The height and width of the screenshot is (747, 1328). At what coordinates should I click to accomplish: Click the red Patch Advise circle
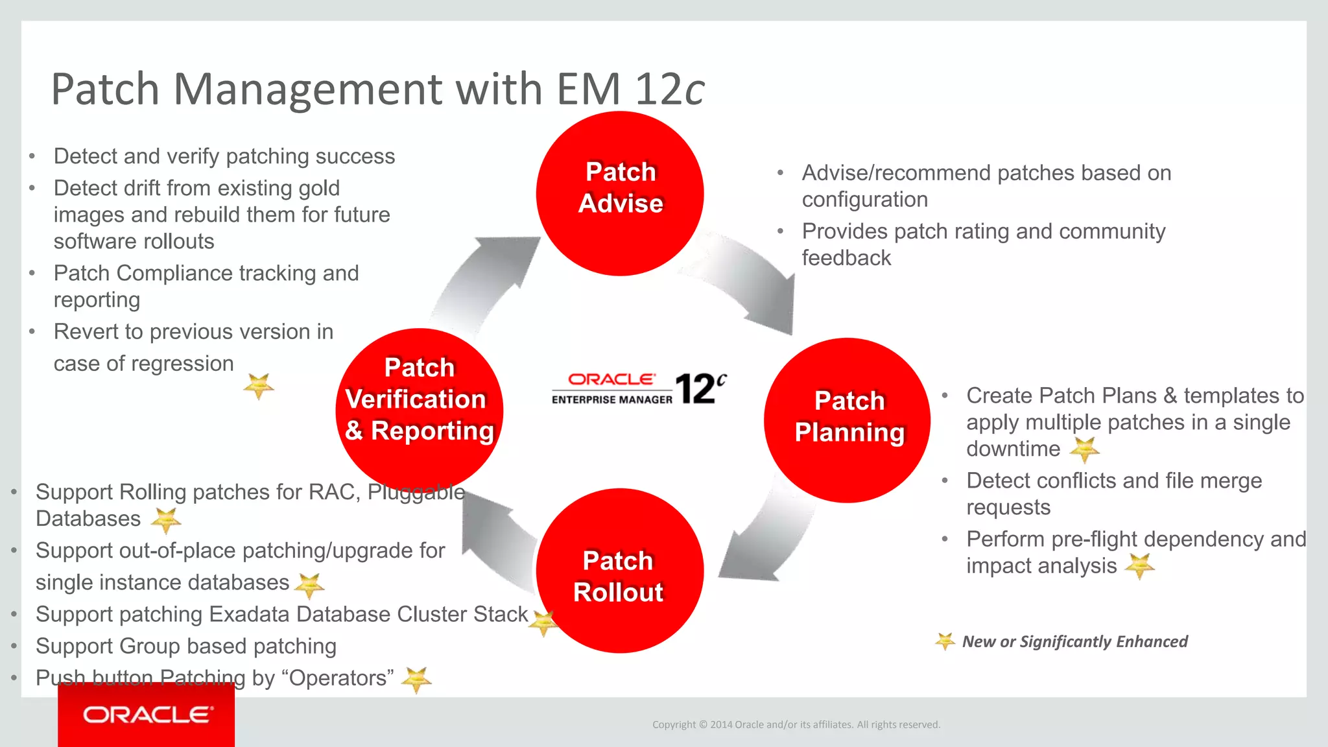[x=620, y=193]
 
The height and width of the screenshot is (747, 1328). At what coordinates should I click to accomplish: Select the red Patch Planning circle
[x=848, y=420]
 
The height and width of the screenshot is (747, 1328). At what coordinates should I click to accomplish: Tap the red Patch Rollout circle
[x=620, y=571]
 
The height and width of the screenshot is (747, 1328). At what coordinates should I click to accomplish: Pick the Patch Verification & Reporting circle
[x=420, y=410]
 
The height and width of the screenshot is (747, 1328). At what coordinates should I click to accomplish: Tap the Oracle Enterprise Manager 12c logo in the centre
[x=639, y=388]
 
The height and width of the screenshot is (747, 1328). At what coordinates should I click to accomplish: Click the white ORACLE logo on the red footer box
[x=147, y=715]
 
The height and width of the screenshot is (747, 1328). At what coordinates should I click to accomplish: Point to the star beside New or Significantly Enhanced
[x=945, y=641]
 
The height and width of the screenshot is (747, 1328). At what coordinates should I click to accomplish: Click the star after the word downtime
[x=1084, y=449]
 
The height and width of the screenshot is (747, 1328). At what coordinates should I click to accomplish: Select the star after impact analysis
[x=1140, y=566]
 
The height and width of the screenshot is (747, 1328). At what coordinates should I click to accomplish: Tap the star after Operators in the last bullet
[x=416, y=679]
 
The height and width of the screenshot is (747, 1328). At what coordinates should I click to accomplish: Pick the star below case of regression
[x=259, y=386]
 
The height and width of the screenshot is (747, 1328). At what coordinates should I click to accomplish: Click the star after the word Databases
[x=166, y=519]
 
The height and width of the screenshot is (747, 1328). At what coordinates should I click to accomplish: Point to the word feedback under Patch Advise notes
[x=846, y=258]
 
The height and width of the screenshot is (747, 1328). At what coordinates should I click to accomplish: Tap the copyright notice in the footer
[x=796, y=724]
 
